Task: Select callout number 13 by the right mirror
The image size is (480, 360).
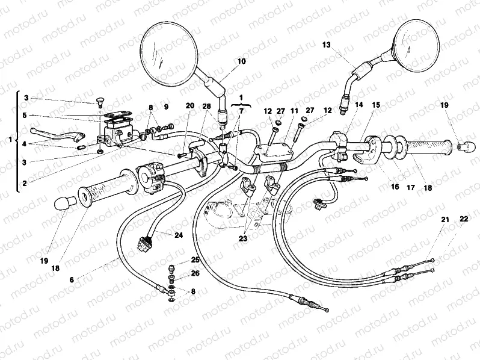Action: point(327,45)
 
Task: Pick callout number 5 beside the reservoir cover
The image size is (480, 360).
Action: point(26,115)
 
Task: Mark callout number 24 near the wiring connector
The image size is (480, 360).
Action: point(179,235)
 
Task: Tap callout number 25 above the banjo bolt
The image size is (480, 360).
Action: point(194,259)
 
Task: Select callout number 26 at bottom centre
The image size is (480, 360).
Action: point(194,273)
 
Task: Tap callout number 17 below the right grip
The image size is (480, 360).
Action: point(411,187)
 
